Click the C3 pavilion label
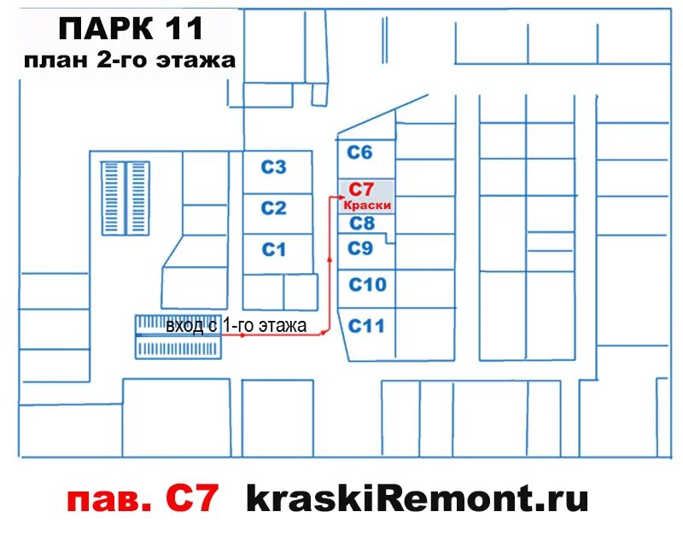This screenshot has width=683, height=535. (x=273, y=167)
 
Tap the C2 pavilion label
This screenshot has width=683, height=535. (x=273, y=208)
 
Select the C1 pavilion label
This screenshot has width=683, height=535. (x=273, y=250)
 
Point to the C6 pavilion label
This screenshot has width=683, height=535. (x=360, y=153)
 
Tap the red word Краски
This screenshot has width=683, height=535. (x=367, y=206)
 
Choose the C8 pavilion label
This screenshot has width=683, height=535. (x=362, y=224)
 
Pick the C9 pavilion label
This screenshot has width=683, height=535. (x=361, y=249)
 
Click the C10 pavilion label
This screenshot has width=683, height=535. (x=368, y=285)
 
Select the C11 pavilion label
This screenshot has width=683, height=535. (x=367, y=326)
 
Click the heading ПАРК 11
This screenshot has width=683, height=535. (x=131, y=29)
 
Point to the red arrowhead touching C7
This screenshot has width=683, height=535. (x=334, y=199)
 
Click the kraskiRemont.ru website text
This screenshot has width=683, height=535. (x=417, y=497)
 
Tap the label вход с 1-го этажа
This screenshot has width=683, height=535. (x=236, y=326)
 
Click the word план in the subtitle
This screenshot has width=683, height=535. (x=59, y=61)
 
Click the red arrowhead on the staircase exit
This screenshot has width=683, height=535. (x=243, y=335)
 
